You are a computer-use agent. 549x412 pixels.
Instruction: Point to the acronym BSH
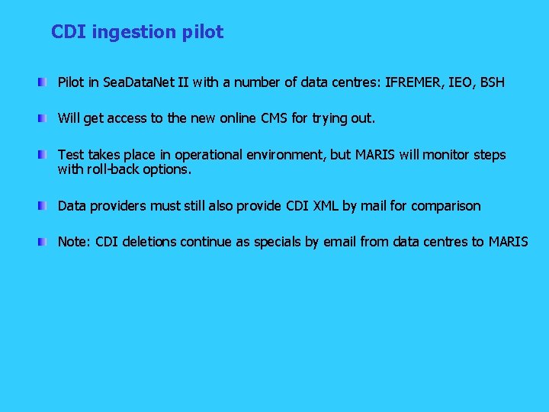(x=492, y=82)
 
